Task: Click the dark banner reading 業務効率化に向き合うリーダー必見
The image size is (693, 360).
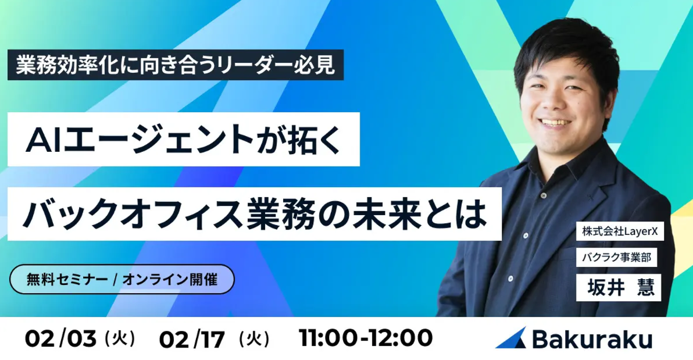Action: tap(175, 65)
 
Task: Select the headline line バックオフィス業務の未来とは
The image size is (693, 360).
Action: tap(254, 213)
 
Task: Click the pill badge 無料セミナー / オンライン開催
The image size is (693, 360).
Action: tap(122, 279)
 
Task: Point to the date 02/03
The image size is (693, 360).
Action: tap(60, 338)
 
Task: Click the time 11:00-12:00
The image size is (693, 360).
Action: tap(366, 338)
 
